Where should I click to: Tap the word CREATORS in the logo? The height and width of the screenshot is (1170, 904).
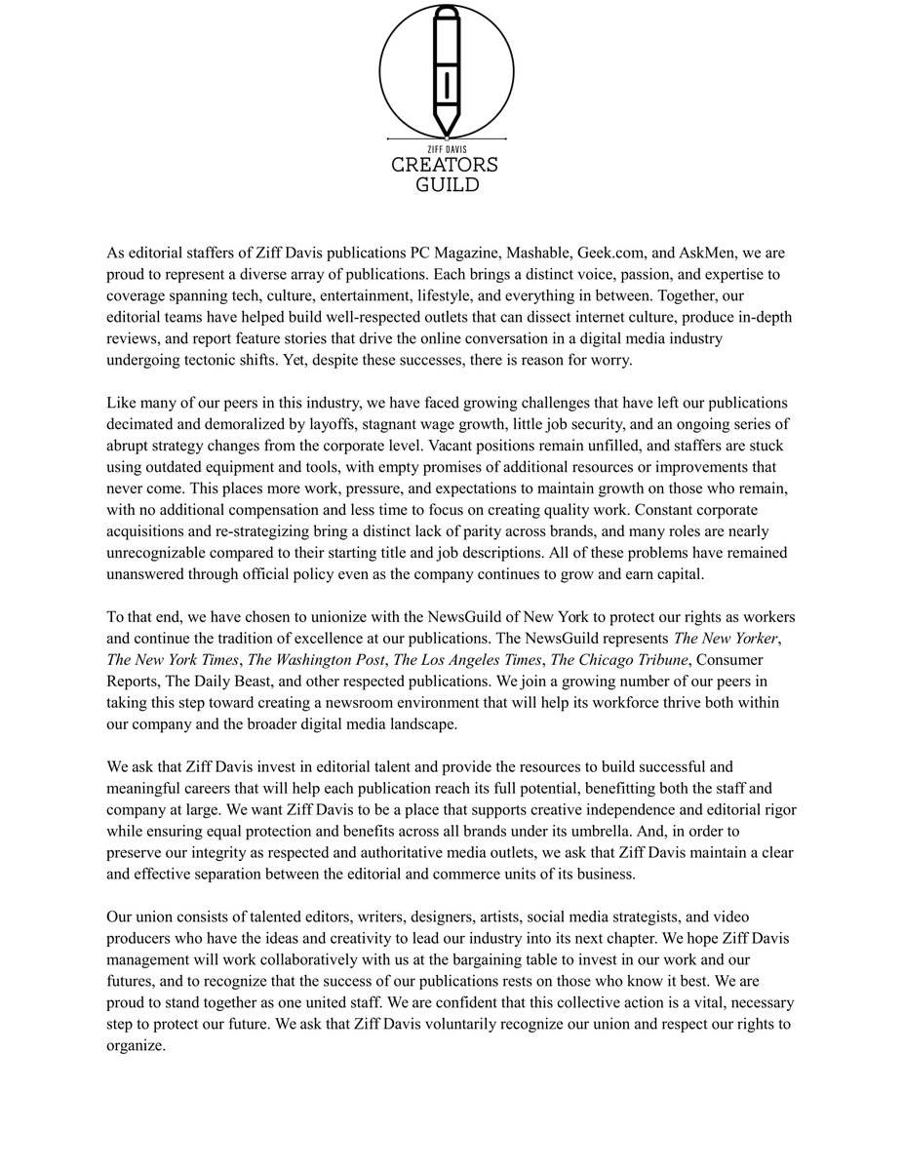(x=445, y=164)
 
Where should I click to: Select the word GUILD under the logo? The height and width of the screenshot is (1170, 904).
(x=445, y=183)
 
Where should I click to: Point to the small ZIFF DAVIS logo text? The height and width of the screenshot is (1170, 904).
(x=445, y=147)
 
